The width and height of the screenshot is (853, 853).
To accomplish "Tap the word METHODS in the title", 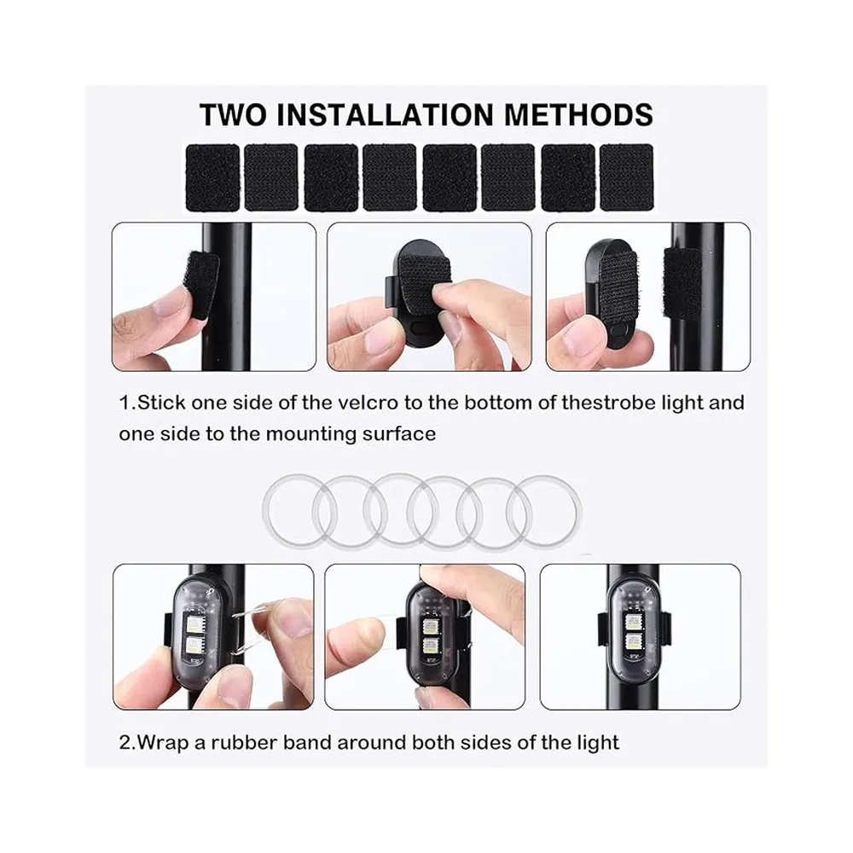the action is [578, 115].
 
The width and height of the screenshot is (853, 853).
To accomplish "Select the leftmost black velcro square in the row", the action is [212, 177].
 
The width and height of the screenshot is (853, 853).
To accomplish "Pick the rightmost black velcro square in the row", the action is [626, 177].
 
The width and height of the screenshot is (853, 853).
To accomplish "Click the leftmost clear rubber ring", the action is [265, 511].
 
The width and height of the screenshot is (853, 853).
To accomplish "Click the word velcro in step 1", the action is [367, 403].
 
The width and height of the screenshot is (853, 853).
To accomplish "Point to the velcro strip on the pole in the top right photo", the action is [682, 283].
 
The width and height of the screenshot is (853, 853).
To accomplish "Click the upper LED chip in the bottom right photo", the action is [632, 621].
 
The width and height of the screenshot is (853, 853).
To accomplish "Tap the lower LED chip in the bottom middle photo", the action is [431, 647].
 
